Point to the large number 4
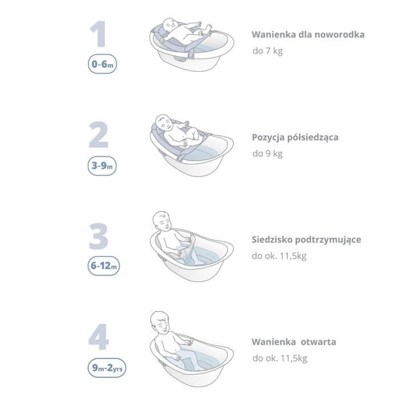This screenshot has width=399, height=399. pos(99,337)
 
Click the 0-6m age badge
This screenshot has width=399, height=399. pos(103,64)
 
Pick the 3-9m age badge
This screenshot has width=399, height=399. pos(103,166)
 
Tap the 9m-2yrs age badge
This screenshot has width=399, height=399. pos(107,368)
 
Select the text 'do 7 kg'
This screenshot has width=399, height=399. pos(267,51)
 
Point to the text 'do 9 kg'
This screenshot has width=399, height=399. pos(267,153)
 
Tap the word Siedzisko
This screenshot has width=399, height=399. pos(272,240)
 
